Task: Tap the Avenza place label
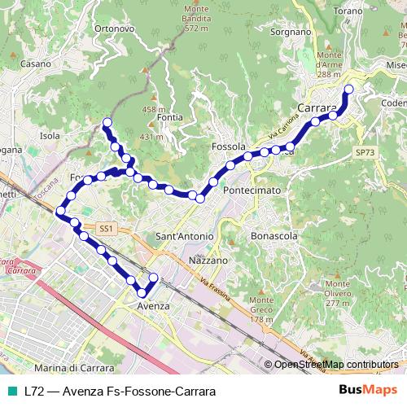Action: [x=154, y=306]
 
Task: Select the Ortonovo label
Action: [x=115, y=28]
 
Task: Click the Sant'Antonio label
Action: [x=184, y=236]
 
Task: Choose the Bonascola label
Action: [x=274, y=236]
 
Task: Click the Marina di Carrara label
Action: [x=74, y=367]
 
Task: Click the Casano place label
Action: [x=37, y=63]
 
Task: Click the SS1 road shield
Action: [x=106, y=229]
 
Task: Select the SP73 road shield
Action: [x=365, y=152]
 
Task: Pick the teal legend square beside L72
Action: [x=11, y=391]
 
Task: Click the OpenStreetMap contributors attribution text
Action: [x=336, y=365]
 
